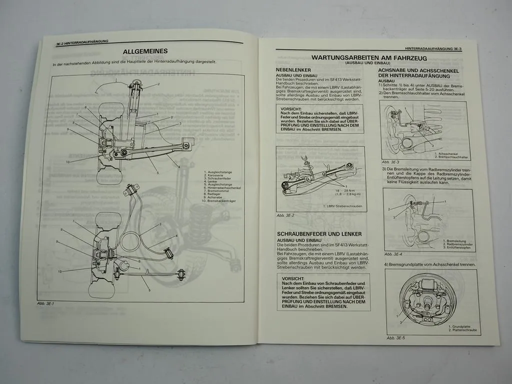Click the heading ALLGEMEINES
click(145, 51)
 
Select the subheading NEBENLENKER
click(293, 70)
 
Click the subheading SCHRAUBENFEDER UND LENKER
click(319, 234)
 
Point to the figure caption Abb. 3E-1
click(45, 303)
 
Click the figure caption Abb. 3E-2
click(285, 215)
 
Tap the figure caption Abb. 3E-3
click(390, 162)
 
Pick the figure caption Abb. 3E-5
click(395, 338)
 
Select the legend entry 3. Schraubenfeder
click(219, 178)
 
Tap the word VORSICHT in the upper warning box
click(291, 108)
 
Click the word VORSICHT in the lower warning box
click(292, 278)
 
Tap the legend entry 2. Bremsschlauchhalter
click(452, 156)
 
